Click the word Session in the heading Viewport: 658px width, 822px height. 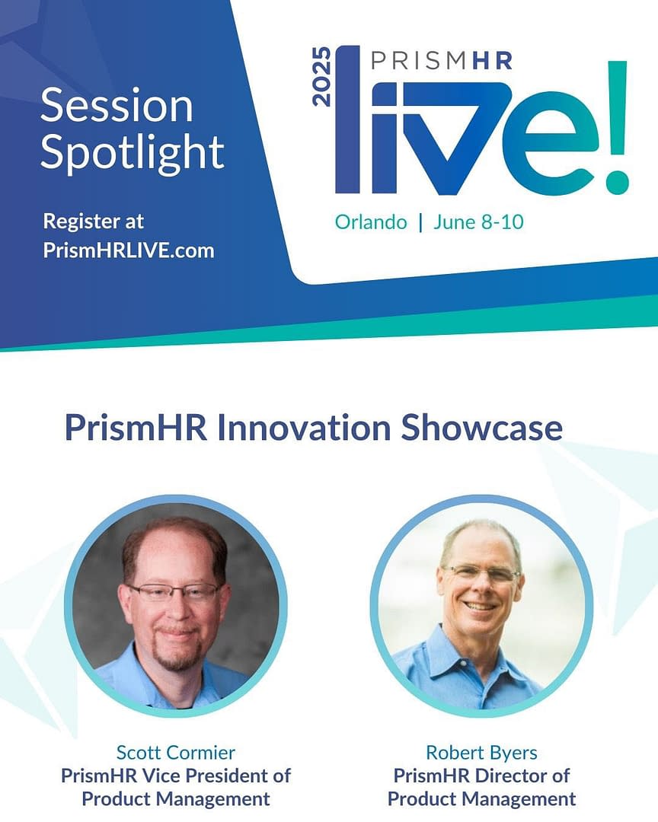117,106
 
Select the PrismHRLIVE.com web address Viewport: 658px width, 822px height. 129,250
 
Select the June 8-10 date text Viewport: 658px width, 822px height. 478,222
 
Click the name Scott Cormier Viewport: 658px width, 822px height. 176,753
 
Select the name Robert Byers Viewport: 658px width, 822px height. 481,753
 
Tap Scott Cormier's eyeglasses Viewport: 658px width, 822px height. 174,592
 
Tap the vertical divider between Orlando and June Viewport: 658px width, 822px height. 419,222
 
